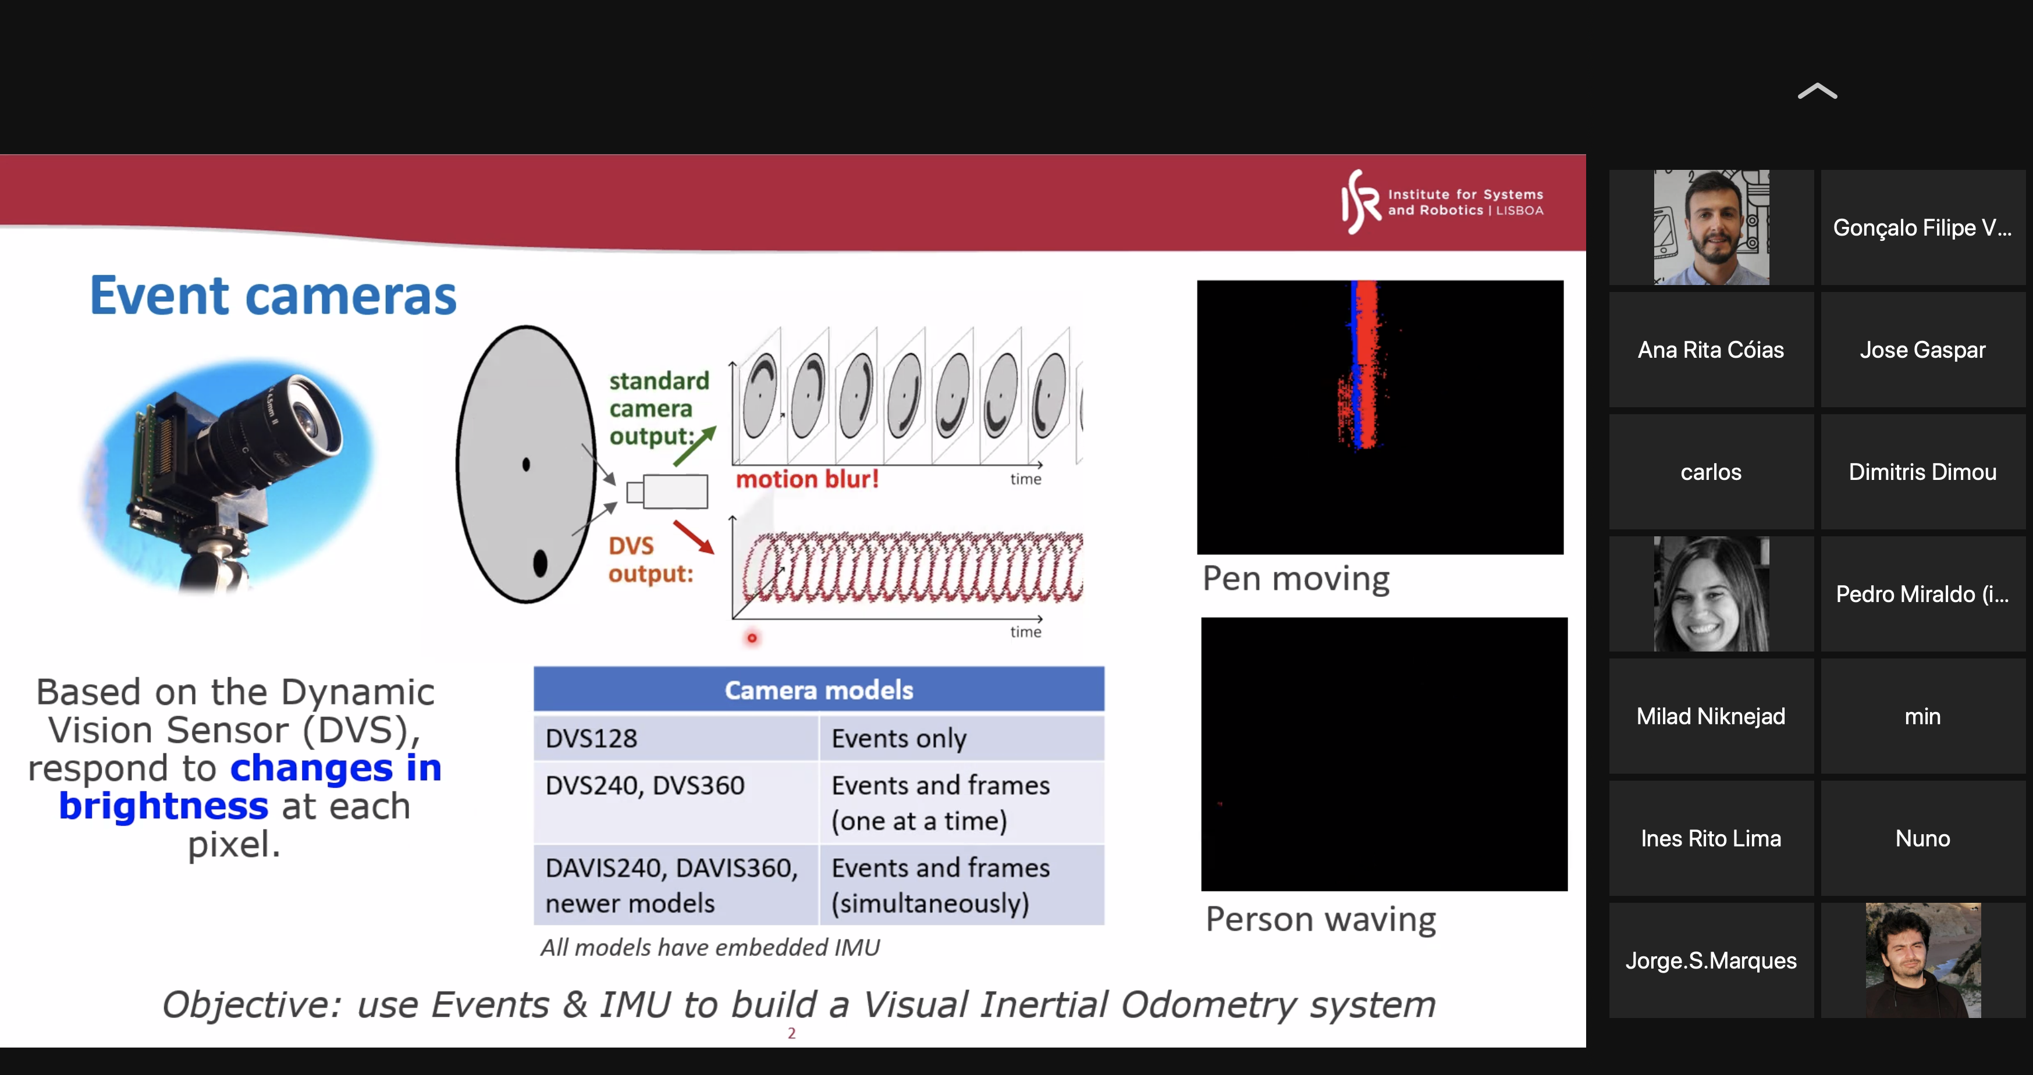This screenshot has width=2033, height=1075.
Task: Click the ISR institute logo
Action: coord(1442,202)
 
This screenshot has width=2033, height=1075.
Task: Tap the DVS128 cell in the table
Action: coord(676,738)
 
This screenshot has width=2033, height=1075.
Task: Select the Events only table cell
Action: coord(961,738)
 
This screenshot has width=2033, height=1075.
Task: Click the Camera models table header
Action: coord(819,689)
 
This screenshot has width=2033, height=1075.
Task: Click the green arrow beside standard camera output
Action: coord(695,446)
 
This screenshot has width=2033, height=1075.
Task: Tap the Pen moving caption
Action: coord(1296,579)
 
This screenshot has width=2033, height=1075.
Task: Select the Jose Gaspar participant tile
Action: coord(1922,350)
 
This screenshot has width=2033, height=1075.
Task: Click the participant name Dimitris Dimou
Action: coord(1922,472)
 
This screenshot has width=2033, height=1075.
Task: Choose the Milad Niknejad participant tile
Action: coord(1711,716)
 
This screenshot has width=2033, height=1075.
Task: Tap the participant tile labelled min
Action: coord(1922,716)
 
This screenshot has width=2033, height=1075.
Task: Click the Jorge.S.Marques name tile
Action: coord(1711,960)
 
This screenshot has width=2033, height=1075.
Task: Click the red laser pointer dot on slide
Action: coord(752,638)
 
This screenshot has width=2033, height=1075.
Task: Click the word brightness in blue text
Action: coord(164,806)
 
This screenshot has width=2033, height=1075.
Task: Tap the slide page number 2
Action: coord(791,1033)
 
